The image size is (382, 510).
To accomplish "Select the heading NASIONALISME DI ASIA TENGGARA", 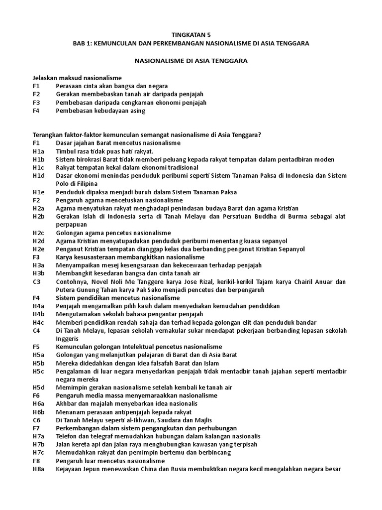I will coord(191,61).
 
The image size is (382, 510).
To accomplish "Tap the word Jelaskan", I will coord(45,78).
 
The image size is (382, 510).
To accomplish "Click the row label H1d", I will coord(39,175).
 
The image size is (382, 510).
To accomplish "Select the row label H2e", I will coord(39,249).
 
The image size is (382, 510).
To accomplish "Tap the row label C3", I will coord(36,281).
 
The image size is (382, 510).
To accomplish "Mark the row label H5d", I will coord(39,387).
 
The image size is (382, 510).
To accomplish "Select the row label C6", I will coord(36,419).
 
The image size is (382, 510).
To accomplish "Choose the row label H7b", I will coord(39,444).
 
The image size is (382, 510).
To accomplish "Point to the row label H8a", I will coord(39,469).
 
